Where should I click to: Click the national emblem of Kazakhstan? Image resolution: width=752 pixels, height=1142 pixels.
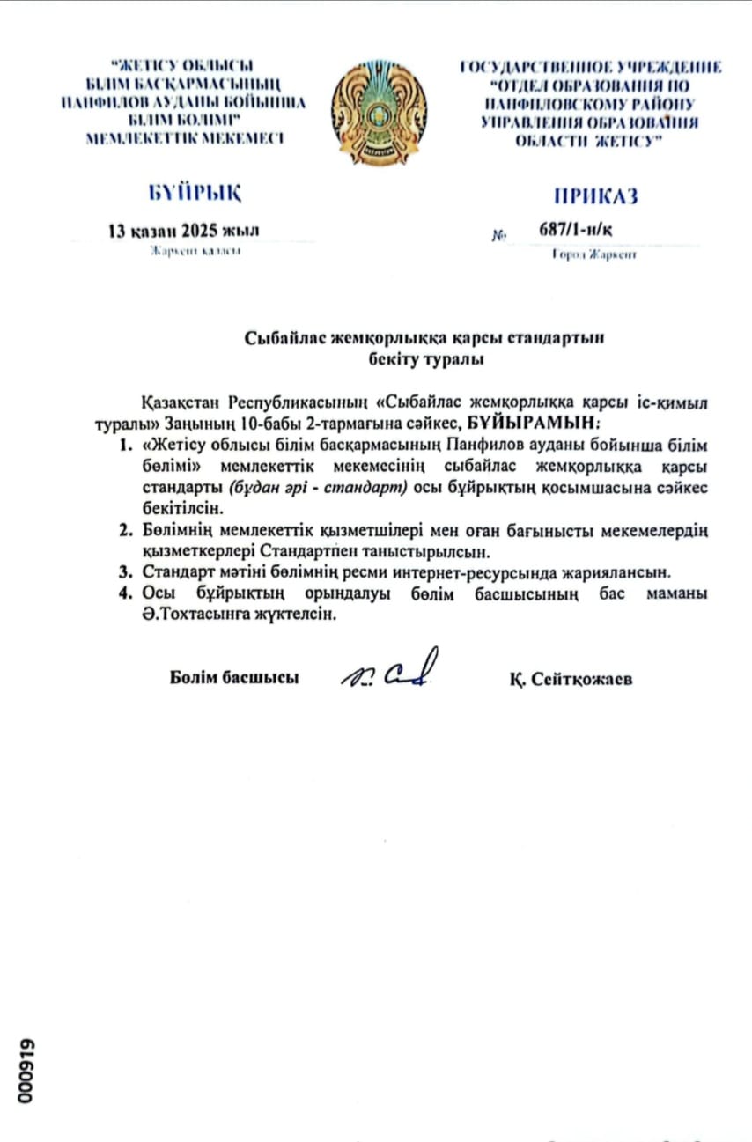tap(379, 113)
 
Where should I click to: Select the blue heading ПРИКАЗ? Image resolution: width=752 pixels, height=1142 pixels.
tap(595, 195)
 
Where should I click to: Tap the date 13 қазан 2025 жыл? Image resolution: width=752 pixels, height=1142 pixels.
tap(183, 232)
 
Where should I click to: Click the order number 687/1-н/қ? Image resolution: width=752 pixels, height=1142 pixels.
tap(575, 231)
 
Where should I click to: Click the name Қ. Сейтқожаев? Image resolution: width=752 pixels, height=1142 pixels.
tap(570, 680)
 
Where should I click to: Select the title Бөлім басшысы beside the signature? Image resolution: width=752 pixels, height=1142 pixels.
tap(234, 678)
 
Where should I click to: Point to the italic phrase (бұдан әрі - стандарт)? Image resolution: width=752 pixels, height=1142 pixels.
tap(323, 488)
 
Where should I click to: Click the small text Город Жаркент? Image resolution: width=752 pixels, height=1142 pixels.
tap(593, 255)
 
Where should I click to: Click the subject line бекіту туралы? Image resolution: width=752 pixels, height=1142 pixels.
tap(426, 358)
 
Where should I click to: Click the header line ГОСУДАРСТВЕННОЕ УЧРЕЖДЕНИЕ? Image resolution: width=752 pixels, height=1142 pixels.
tap(590, 67)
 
